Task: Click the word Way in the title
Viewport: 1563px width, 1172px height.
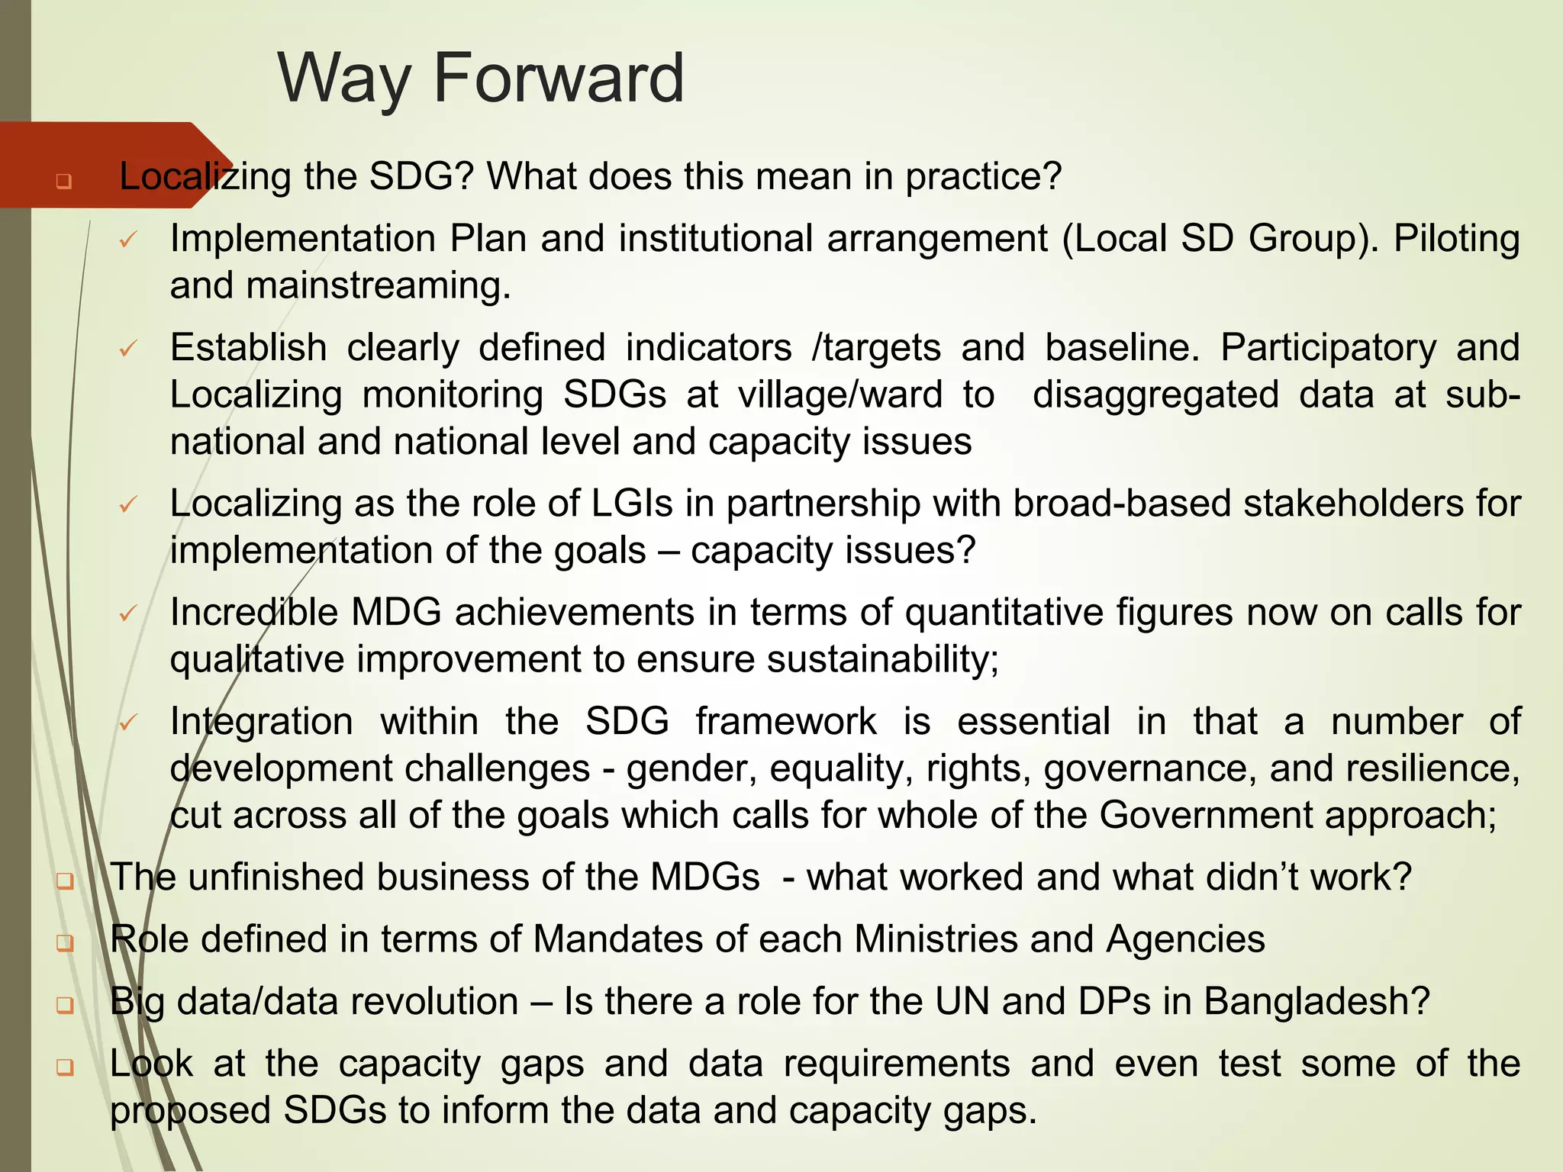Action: click(343, 79)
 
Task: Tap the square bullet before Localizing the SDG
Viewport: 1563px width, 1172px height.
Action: click(63, 182)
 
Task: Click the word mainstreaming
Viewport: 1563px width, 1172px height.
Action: click(378, 286)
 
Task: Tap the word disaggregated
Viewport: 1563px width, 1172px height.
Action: click(1155, 395)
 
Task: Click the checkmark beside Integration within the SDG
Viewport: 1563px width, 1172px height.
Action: click(127, 723)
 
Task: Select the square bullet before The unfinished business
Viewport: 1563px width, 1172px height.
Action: click(65, 881)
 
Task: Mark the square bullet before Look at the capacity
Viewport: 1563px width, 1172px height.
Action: click(65, 1067)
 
